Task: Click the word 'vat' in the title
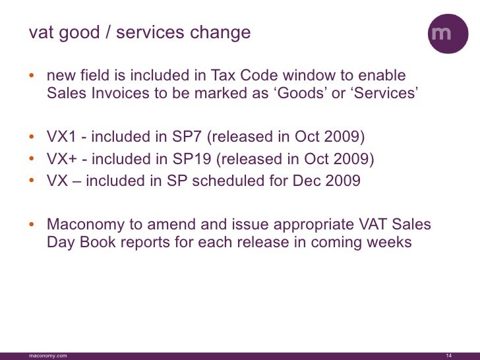click(40, 32)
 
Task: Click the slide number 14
click(449, 355)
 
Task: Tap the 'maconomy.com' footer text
click(47, 355)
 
